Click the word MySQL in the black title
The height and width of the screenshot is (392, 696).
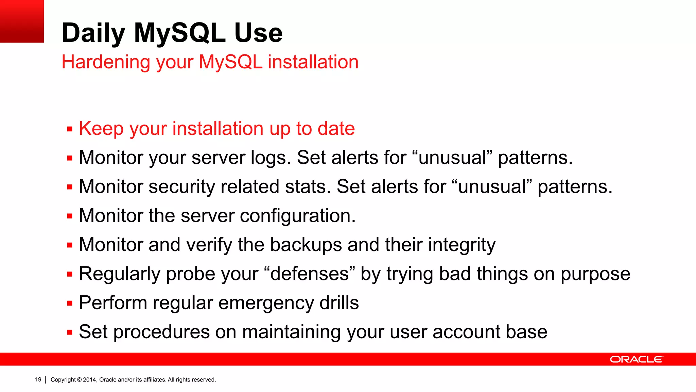click(180, 33)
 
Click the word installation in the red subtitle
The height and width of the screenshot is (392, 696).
click(313, 62)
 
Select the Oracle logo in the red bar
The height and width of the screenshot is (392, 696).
click(636, 359)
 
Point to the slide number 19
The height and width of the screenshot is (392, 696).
click(38, 379)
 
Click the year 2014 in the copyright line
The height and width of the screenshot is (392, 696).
click(90, 380)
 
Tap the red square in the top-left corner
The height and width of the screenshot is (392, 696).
click(22, 21)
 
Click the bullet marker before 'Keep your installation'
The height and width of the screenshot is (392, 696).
click(70, 129)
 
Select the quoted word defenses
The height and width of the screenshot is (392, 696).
click(309, 274)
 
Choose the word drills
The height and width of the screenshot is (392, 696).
click(339, 303)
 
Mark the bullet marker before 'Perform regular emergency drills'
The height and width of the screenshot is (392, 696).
click(70, 304)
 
